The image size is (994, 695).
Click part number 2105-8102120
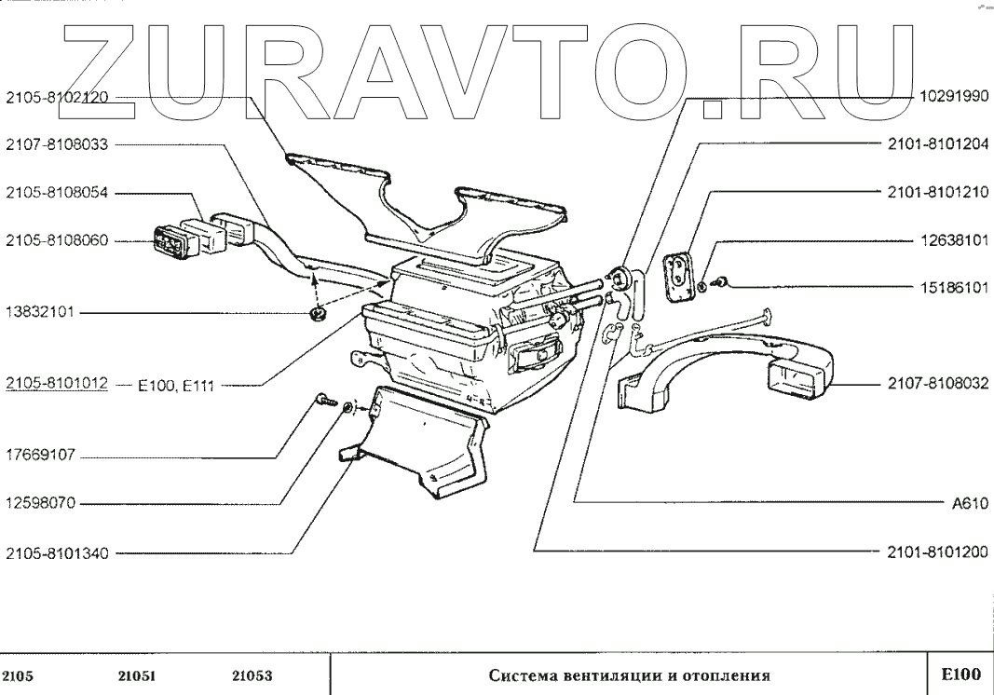[56, 96]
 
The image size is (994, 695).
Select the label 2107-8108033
[56, 144]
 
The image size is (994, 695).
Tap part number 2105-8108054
[56, 193]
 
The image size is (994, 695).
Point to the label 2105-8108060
[56, 240]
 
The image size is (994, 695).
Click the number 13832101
[41, 313]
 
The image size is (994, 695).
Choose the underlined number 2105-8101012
[56, 383]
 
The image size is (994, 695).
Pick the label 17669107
[41, 457]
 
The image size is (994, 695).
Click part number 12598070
[41, 504]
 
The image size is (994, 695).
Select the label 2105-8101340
[56, 553]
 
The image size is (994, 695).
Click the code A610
[969, 504]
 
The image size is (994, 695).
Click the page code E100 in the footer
[960, 675]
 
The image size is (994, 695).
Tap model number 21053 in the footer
[252, 676]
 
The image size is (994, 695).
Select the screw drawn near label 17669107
[322, 400]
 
